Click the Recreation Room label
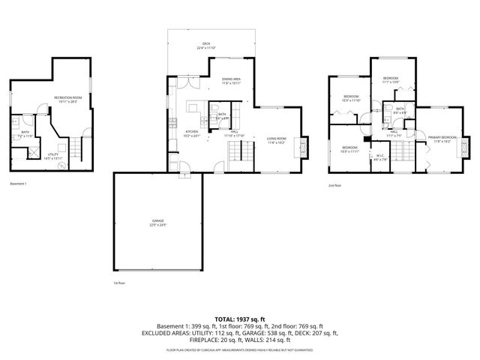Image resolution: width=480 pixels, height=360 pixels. (67, 100)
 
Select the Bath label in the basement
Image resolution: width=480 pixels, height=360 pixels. (25, 135)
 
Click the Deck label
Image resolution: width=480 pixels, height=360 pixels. (205, 46)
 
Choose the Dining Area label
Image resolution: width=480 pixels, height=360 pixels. (231, 81)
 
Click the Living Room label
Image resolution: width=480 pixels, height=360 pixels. (277, 140)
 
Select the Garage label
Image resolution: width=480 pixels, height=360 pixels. (158, 223)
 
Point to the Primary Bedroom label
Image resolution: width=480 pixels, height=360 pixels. (442, 139)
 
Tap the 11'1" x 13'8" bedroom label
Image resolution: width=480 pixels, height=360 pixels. (391, 80)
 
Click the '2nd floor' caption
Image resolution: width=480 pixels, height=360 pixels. (335, 184)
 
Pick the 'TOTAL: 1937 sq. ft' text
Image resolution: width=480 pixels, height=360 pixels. (240, 319)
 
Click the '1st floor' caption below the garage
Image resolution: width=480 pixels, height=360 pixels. (118, 283)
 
